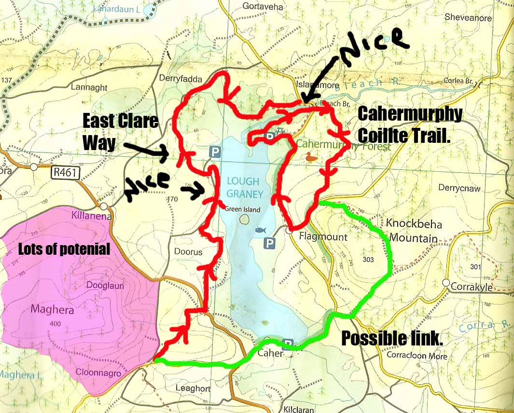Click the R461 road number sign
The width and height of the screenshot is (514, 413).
tap(65, 173)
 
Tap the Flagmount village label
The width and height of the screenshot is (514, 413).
tap(317, 237)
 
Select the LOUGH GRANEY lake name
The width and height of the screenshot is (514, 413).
tap(245, 188)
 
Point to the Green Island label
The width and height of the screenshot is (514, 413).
tap(243, 209)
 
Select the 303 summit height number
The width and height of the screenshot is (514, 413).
tap(368, 260)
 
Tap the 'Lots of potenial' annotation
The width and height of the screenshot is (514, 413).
tap(64, 249)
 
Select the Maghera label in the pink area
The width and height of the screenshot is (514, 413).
tap(52, 309)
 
